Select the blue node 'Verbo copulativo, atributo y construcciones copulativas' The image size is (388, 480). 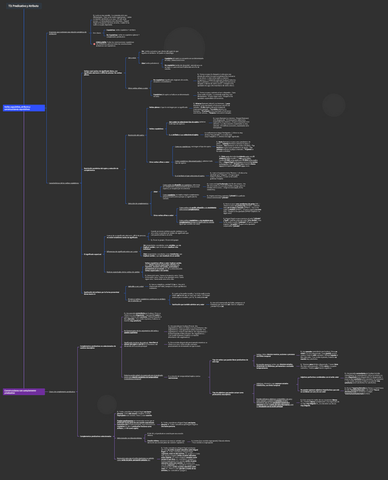tap(24, 108)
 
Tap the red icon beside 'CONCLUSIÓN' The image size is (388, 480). tap(95, 44)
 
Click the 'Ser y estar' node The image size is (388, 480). tap(132, 58)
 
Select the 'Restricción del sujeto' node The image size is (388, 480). tap(136, 135)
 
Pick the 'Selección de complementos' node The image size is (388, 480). tap(139, 203)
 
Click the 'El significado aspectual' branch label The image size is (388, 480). tap(93, 254)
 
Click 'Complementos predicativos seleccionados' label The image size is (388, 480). tap(96, 436)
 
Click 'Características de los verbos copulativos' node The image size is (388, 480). tap(63, 183)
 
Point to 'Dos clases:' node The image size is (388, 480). tap(97, 32)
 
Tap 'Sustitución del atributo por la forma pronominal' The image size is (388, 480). tap(101, 293)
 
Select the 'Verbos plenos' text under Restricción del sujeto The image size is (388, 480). tap(154, 107)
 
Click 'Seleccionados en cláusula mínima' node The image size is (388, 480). tap(129, 438)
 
